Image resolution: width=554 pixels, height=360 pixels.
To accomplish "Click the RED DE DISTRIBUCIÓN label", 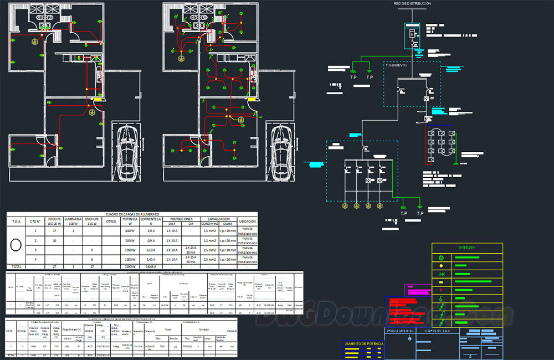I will tap(412, 4).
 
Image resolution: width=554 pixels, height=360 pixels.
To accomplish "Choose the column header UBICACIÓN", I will tap(247, 222).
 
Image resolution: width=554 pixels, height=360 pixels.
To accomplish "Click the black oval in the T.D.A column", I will tap(17, 244).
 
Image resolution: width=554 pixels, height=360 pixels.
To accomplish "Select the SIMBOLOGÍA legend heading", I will tap(467, 247).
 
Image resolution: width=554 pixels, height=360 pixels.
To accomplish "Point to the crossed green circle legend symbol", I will tap(442, 258).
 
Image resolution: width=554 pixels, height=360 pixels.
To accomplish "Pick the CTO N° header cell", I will tap(35, 222).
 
